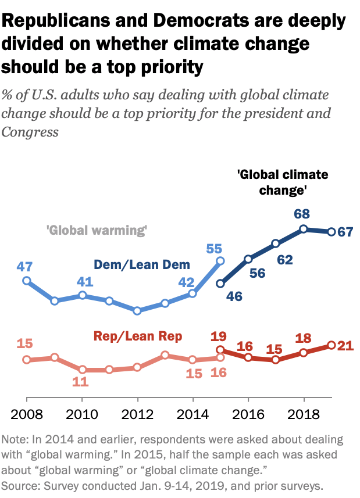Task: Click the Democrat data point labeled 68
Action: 303,229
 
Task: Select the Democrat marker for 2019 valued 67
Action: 331,232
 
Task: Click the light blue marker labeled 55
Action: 220,261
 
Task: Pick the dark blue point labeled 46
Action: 220,284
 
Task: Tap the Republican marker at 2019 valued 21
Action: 331,345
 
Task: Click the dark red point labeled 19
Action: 220,350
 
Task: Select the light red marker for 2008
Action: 26,360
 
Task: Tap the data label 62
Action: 284,260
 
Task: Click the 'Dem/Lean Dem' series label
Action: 142,265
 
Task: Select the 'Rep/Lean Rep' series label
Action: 138,336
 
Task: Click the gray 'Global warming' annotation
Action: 96,230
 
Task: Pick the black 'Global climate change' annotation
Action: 283,182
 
